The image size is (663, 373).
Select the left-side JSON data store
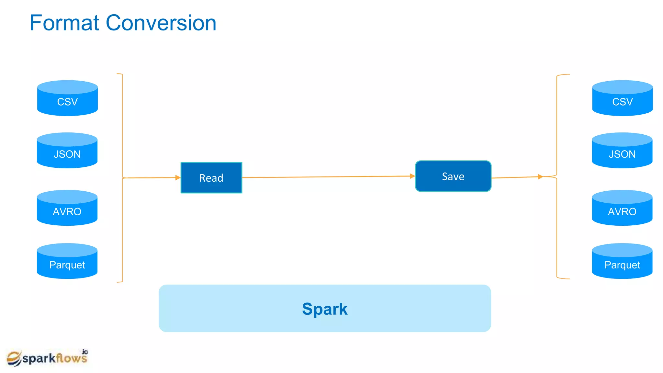pyautogui.click(x=67, y=151)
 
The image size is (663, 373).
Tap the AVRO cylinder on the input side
pyautogui.click(x=67, y=208)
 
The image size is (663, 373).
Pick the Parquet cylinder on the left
pyautogui.click(x=67, y=261)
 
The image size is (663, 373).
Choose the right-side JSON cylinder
pyautogui.click(x=622, y=151)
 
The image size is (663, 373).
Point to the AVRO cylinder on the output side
pyautogui.click(x=622, y=208)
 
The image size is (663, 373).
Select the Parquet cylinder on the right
pyautogui.click(x=622, y=261)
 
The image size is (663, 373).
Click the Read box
pyautogui.click(x=211, y=178)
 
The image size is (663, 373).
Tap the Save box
pyautogui.click(x=453, y=176)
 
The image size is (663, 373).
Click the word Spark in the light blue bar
pyautogui.click(x=325, y=309)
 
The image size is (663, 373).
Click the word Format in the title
pyautogui.click(x=64, y=23)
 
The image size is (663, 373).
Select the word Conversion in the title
pyautogui.click(x=161, y=23)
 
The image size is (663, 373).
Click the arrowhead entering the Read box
pyautogui.click(x=178, y=177)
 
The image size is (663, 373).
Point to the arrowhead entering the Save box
pyautogui.click(x=412, y=176)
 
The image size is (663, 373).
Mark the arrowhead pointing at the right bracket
pyautogui.click(x=540, y=177)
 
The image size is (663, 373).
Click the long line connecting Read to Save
pyautogui.click(x=327, y=177)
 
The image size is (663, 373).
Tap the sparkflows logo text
pyautogui.click(x=54, y=358)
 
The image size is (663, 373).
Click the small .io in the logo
pyautogui.click(x=84, y=352)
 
